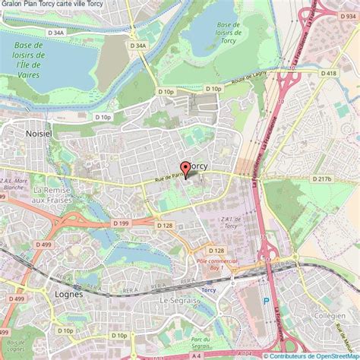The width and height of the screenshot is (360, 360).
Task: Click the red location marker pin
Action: coord(185,170)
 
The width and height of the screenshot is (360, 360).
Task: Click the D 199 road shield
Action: coord(120,223)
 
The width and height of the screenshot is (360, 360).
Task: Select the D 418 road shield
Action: coord(327,73)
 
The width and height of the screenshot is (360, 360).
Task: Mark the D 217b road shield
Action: coord(323,178)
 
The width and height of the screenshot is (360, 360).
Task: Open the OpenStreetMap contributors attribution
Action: coord(311,355)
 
